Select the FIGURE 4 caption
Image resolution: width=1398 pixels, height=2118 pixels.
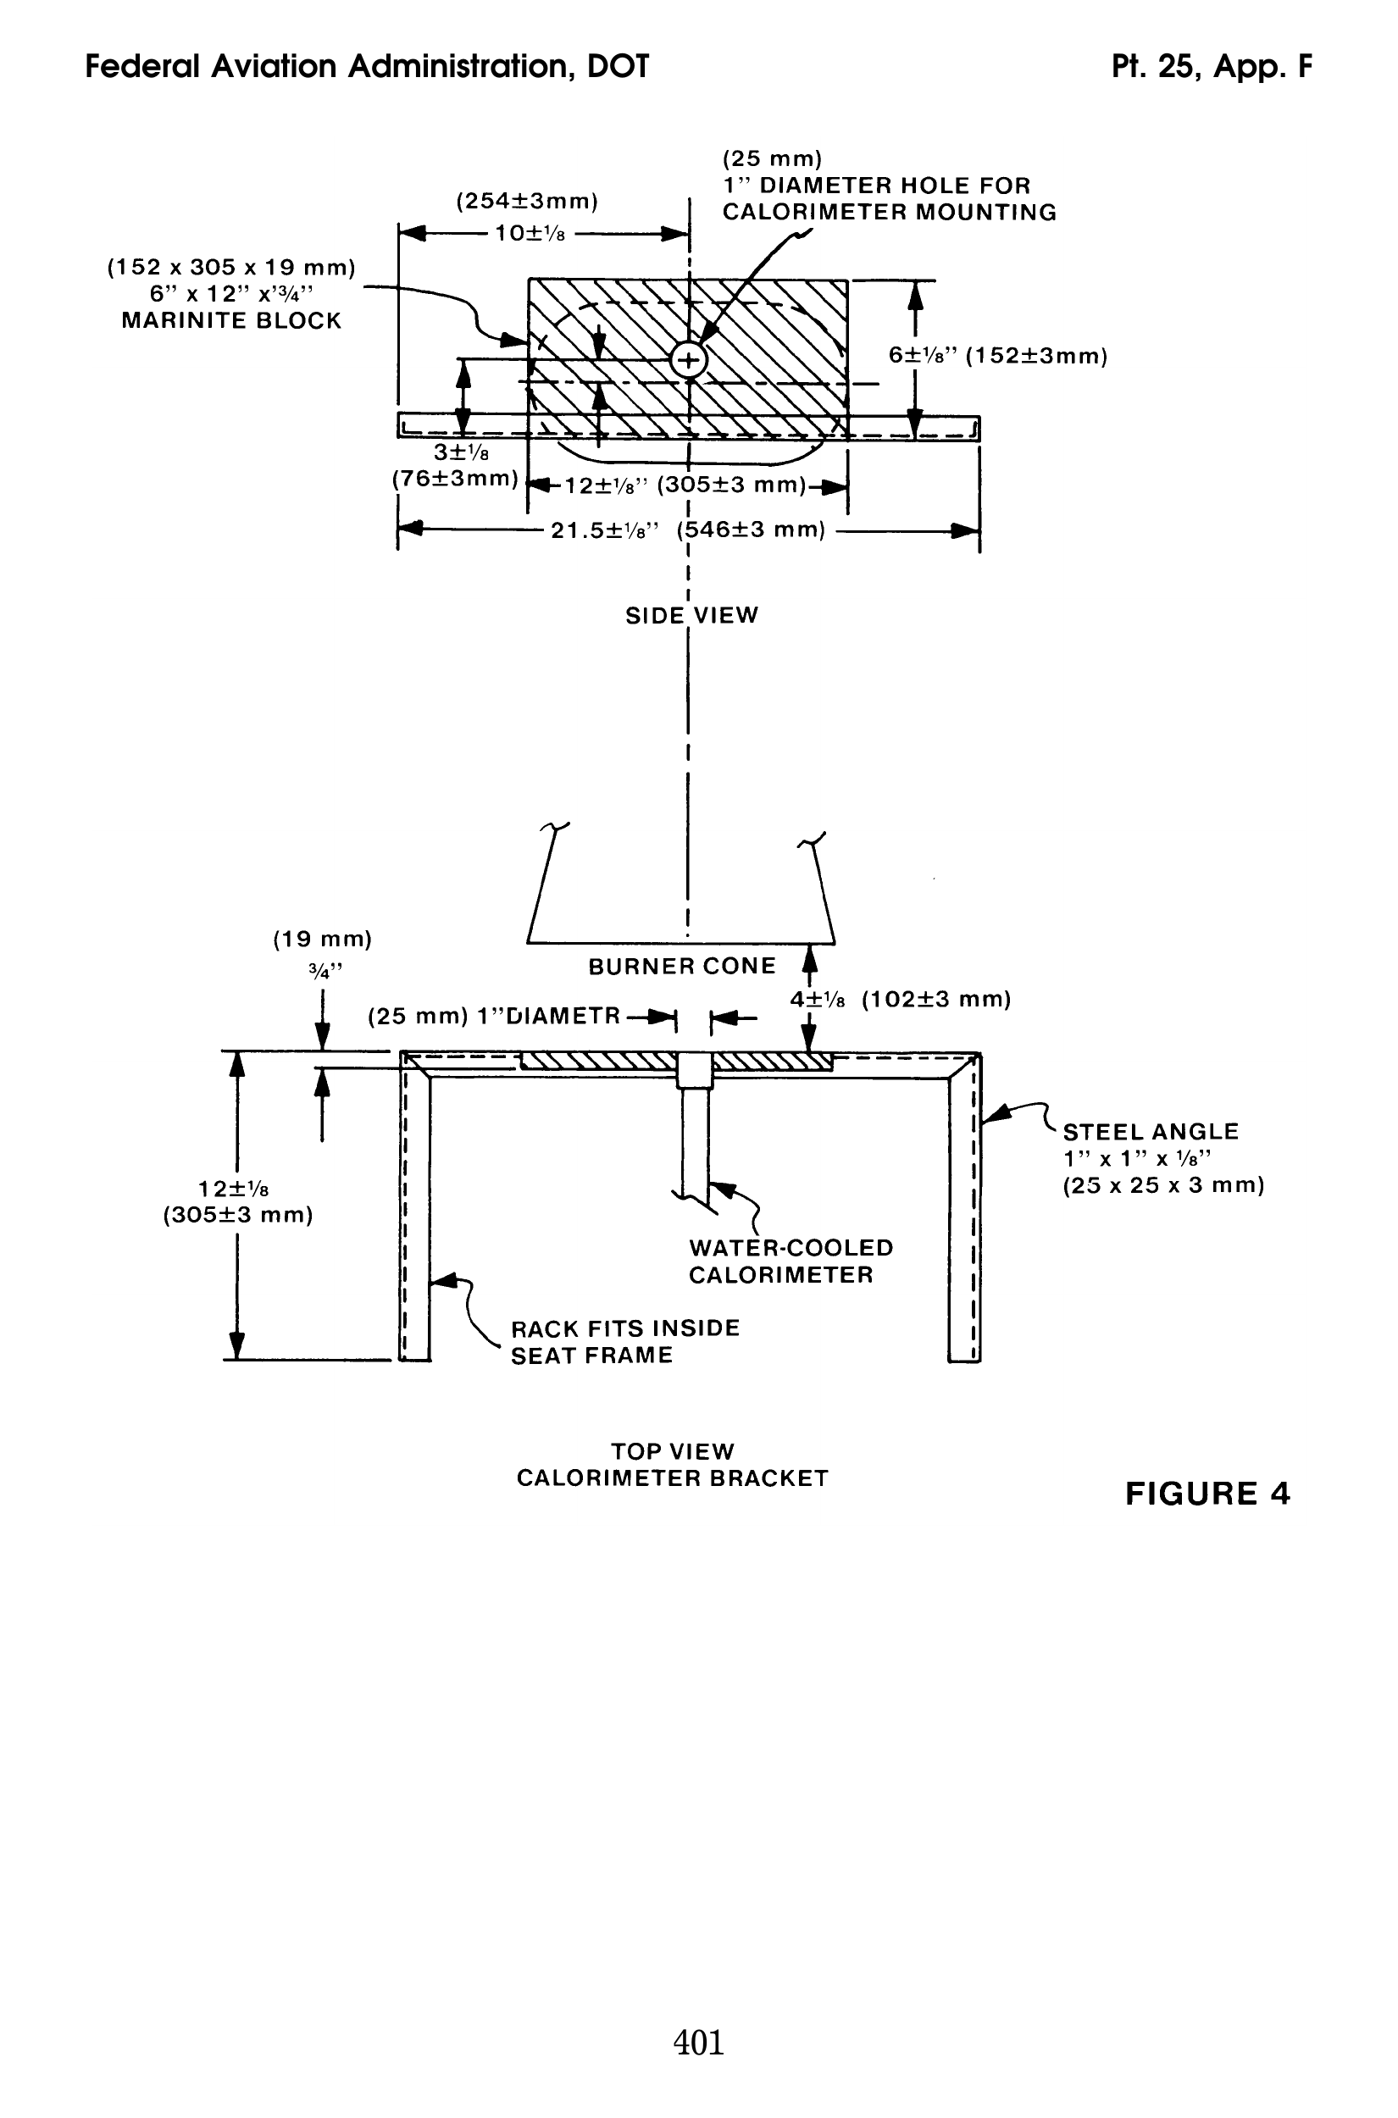1207,1493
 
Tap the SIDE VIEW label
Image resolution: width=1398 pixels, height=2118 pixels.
691,615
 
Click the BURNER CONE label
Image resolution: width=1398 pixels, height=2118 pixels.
682,967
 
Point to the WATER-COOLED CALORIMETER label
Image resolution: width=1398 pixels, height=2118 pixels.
790,1261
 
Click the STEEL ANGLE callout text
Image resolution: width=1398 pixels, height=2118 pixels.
1150,1132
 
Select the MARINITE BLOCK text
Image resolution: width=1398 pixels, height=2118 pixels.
231,321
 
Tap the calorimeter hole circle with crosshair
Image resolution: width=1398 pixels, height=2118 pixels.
688,361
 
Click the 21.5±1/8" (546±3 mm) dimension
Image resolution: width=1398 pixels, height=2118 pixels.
687,530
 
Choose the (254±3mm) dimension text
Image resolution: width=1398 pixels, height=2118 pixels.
527,202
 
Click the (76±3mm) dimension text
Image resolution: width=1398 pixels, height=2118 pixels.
456,479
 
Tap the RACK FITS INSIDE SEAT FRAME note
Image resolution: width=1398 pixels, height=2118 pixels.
625,1342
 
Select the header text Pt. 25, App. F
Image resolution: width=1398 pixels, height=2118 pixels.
1212,67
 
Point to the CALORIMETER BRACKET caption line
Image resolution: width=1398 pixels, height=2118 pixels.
672,1478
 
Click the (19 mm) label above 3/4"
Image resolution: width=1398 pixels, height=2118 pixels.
322,939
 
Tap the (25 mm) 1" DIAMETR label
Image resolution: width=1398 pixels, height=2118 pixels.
494,1016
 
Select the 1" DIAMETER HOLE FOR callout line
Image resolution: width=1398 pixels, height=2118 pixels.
875,186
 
